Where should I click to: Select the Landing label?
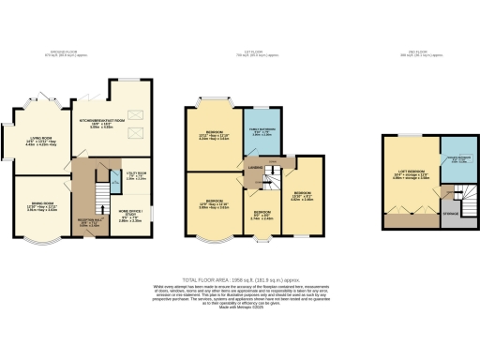pos(254,168)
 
